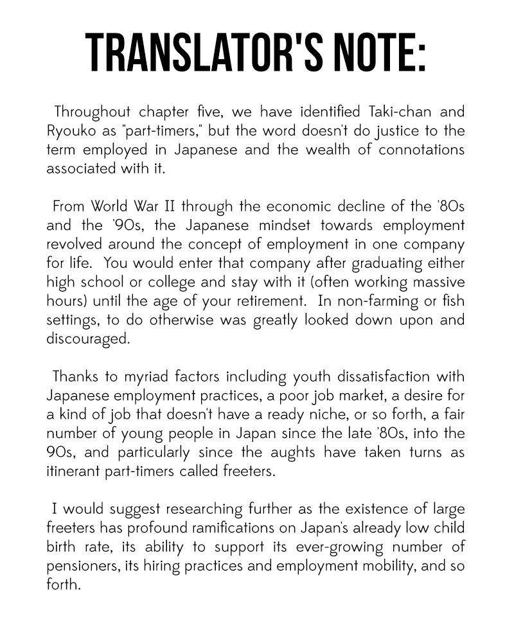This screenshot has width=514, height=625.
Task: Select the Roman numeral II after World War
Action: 170,207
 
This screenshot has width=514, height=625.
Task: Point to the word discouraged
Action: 88,339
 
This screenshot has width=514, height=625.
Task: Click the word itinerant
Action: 74,471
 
